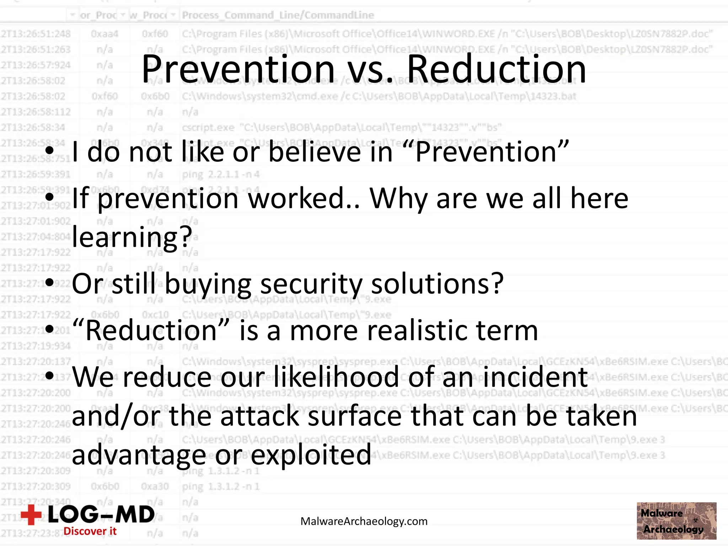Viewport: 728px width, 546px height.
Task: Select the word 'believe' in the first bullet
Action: pyautogui.click(x=315, y=152)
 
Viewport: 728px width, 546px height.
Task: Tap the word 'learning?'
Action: pyautogui.click(x=132, y=237)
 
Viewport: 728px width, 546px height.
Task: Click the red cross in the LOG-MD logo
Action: pyautogui.click(x=31, y=514)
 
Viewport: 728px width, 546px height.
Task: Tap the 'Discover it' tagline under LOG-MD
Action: pyautogui.click(x=90, y=531)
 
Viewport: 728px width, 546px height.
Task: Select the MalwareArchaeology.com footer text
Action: pyautogui.click(x=364, y=521)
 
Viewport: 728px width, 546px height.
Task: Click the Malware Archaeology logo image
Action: pyautogui.click(x=676, y=521)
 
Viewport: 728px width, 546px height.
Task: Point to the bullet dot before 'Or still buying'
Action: pyautogui.click(x=49, y=283)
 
